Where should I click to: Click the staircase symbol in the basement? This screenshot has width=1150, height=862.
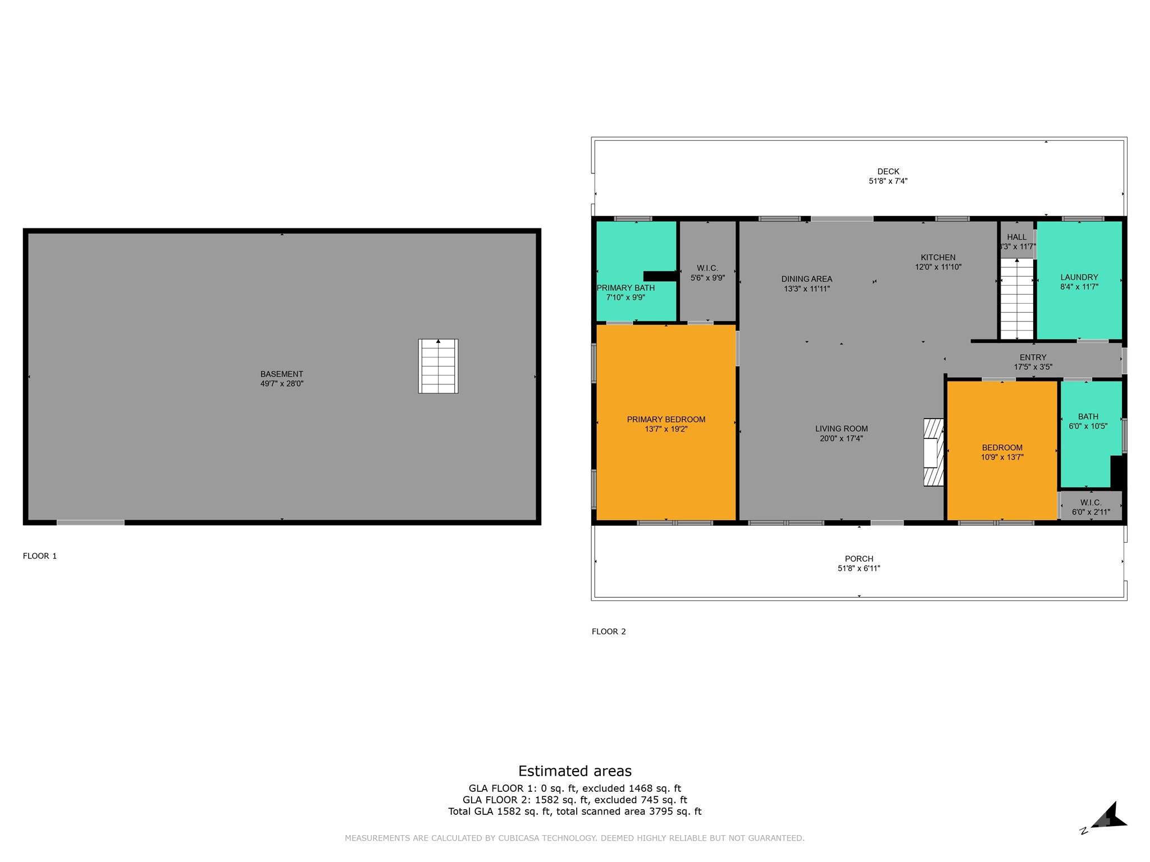(x=438, y=366)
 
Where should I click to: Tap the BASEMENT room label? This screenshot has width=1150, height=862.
(x=281, y=374)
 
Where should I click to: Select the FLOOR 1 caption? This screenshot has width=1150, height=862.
(x=40, y=556)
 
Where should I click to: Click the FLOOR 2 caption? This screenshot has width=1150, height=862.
(x=609, y=631)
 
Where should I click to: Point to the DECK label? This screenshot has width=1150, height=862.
(x=888, y=172)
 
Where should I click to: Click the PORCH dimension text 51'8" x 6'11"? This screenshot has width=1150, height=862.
(x=859, y=568)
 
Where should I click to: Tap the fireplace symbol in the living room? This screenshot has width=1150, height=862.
(x=934, y=452)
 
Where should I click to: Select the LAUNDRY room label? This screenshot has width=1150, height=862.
(x=1079, y=277)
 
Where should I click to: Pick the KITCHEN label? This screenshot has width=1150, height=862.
(x=938, y=258)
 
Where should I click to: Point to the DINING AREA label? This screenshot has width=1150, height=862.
(x=806, y=279)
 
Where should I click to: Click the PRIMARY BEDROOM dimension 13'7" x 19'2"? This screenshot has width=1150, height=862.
(x=666, y=429)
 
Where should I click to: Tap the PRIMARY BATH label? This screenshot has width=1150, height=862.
(x=626, y=288)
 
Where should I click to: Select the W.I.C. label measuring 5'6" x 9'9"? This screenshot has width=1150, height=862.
(x=707, y=268)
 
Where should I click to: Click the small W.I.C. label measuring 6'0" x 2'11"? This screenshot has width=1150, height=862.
(x=1090, y=503)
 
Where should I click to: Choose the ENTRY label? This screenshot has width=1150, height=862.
(x=1033, y=357)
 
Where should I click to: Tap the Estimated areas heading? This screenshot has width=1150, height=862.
(x=574, y=771)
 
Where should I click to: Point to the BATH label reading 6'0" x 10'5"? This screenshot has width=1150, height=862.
(x=1088, y=416)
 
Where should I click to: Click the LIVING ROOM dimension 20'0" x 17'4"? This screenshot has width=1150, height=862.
(x=841, y=439)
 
